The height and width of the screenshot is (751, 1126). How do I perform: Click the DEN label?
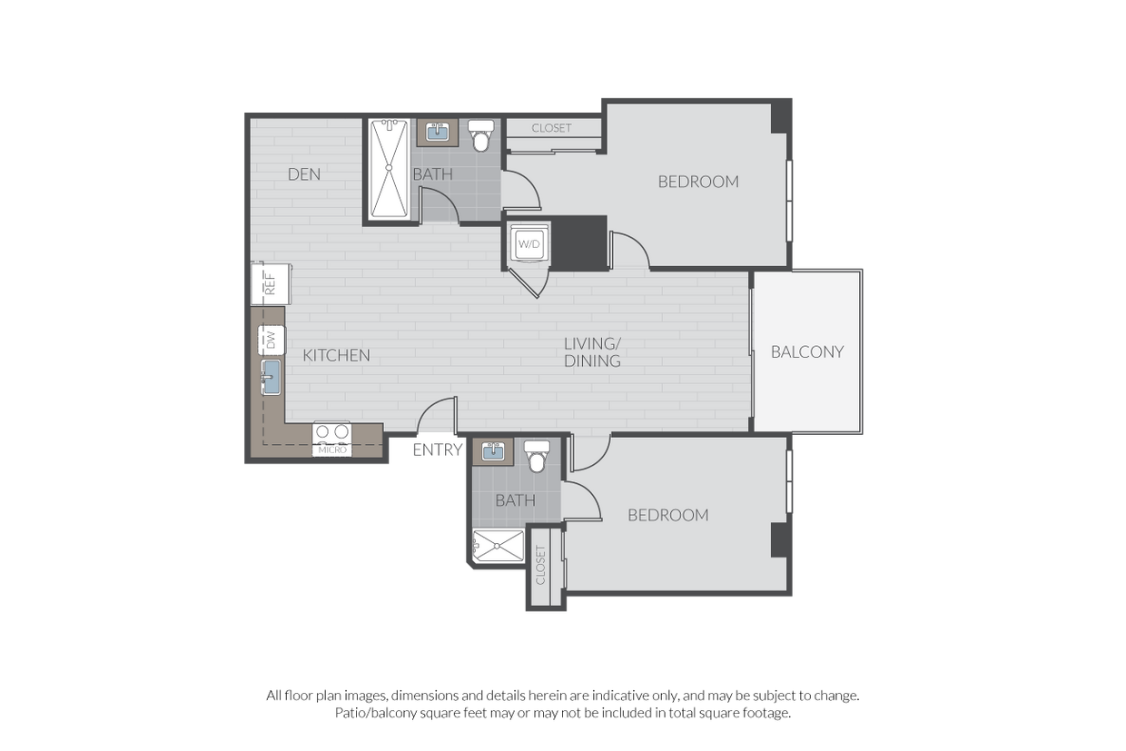click(x=304, y=173)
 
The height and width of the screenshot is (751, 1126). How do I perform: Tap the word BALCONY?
click(x=807, y=351)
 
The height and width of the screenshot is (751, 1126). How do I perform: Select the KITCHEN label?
click(x=336, y=355)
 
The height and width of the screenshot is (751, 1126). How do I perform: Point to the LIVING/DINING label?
click(x=592, y=352)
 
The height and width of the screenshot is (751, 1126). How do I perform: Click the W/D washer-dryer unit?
click(x=528, y=243)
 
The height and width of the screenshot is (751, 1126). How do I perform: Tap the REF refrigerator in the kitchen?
click(x=271, y=284)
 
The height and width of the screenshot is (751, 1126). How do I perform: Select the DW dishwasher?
click(x=271, y=340)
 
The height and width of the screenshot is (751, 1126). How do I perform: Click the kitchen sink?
click(x=271, y=378)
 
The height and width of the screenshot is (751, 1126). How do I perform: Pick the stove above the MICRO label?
click(x=331, y=432)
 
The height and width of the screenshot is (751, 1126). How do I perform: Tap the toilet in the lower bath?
click(x=537, y=457)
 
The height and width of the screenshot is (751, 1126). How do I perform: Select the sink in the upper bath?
click(x=438, y=133)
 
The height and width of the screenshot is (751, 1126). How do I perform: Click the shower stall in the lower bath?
click(x=498, y=546)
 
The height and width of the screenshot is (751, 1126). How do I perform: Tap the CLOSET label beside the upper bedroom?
click(x=551, y=128)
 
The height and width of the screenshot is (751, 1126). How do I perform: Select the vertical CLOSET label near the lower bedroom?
click(x=541, y=564)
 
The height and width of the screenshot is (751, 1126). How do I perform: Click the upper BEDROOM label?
click(x=698, y=182)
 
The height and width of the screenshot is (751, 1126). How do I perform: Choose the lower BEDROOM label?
click(x=668, y=515)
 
